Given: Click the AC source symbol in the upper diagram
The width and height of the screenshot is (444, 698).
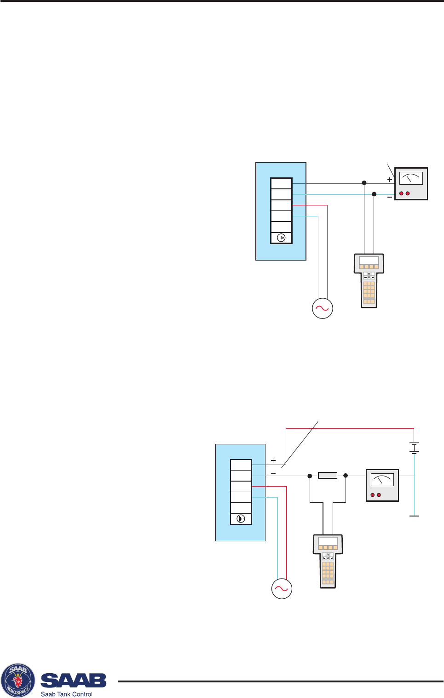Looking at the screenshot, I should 322,308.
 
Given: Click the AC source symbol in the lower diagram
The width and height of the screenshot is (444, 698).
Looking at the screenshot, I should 282,589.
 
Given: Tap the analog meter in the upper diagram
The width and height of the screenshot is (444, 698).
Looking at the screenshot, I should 411,184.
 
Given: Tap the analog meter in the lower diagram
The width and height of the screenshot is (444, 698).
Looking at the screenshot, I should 382,485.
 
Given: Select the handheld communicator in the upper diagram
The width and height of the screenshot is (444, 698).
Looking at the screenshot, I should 369,280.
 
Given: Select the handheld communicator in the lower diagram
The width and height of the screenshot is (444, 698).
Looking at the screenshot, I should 328,561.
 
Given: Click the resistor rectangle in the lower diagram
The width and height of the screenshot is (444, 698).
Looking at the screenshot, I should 328,476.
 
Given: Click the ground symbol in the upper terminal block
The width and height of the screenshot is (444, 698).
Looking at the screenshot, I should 281,238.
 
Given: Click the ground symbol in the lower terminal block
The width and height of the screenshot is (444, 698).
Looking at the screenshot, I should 241,519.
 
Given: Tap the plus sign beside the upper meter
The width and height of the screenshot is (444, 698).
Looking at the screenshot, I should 390,180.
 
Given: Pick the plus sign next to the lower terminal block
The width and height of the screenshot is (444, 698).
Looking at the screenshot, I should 273,460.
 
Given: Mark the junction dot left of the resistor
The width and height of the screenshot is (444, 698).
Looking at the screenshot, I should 310,476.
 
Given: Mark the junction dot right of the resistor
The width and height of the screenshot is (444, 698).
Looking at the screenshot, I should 346,476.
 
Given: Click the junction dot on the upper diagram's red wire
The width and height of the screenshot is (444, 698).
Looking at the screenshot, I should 364,183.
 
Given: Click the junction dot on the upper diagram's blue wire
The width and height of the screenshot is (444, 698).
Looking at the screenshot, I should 374,194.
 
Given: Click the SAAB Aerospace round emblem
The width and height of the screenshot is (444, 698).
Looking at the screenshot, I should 18,681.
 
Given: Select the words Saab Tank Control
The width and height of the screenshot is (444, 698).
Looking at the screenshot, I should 67,694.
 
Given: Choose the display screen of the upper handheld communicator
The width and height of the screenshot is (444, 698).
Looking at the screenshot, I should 369,261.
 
